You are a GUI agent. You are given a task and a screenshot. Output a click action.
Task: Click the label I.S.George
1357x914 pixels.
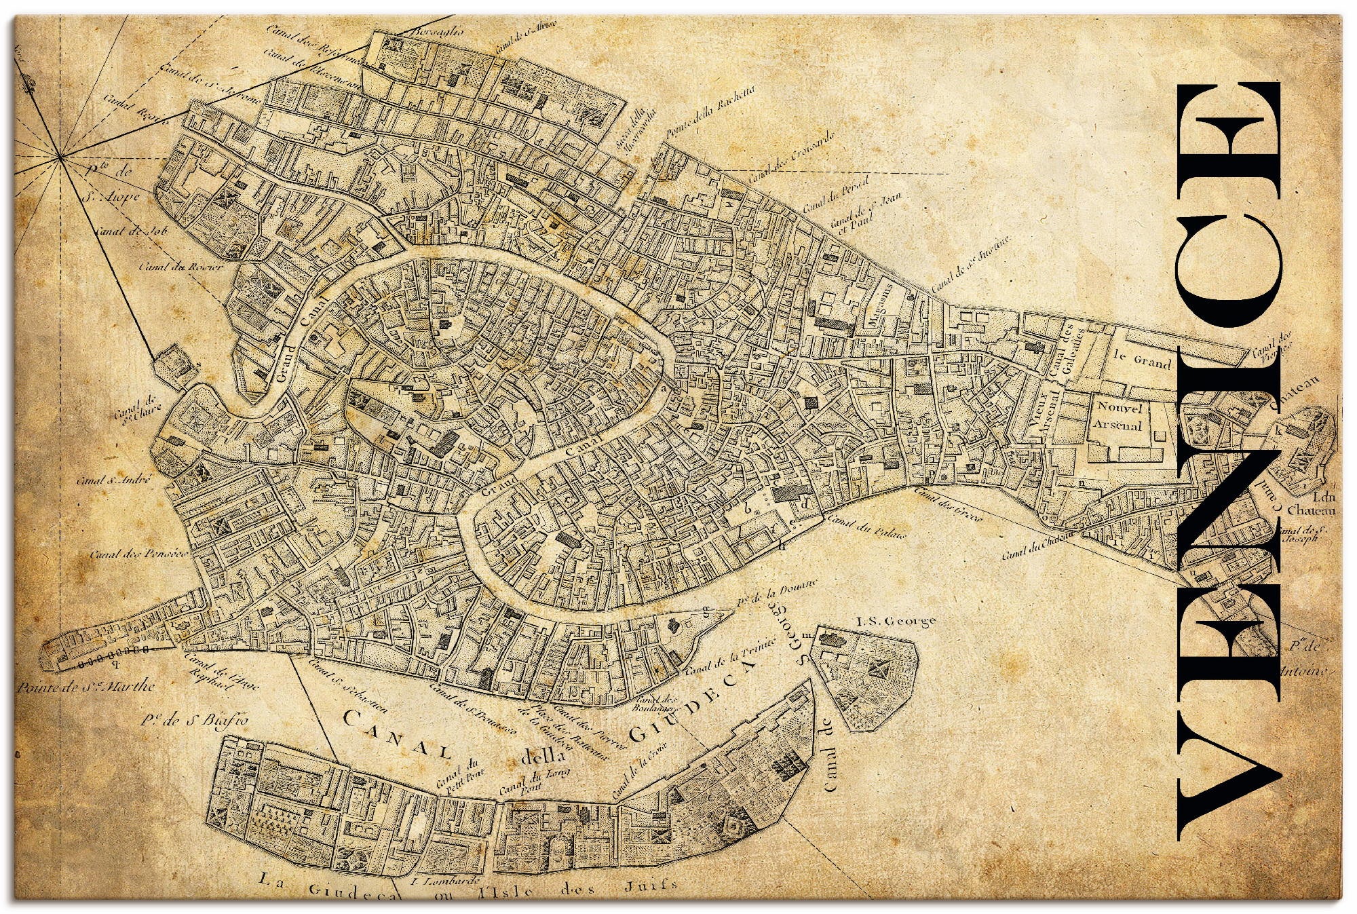(896, 620)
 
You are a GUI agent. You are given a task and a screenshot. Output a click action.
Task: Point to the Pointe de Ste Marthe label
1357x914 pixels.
(86, 687)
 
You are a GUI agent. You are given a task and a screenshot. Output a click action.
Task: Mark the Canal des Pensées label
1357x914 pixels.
(138, 554)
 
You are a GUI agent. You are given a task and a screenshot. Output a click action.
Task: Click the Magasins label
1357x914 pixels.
(880, 303)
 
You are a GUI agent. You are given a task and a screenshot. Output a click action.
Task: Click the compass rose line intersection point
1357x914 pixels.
(60, 157)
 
